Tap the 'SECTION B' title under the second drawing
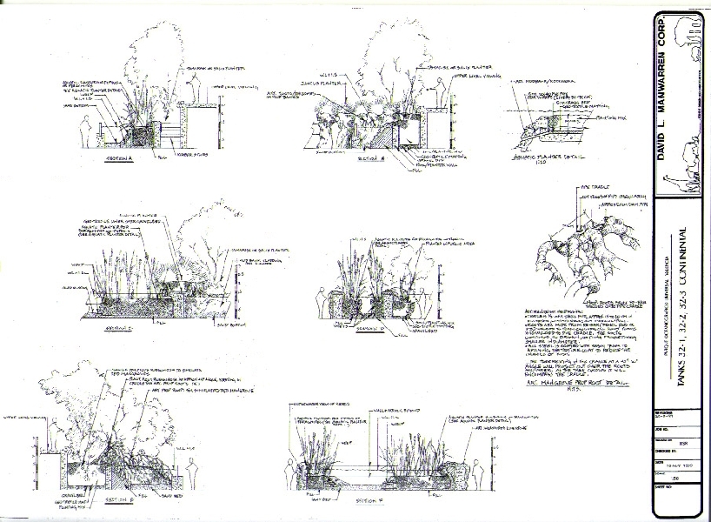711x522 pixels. [371, 159]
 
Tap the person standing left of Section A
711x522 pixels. [84, 132]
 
